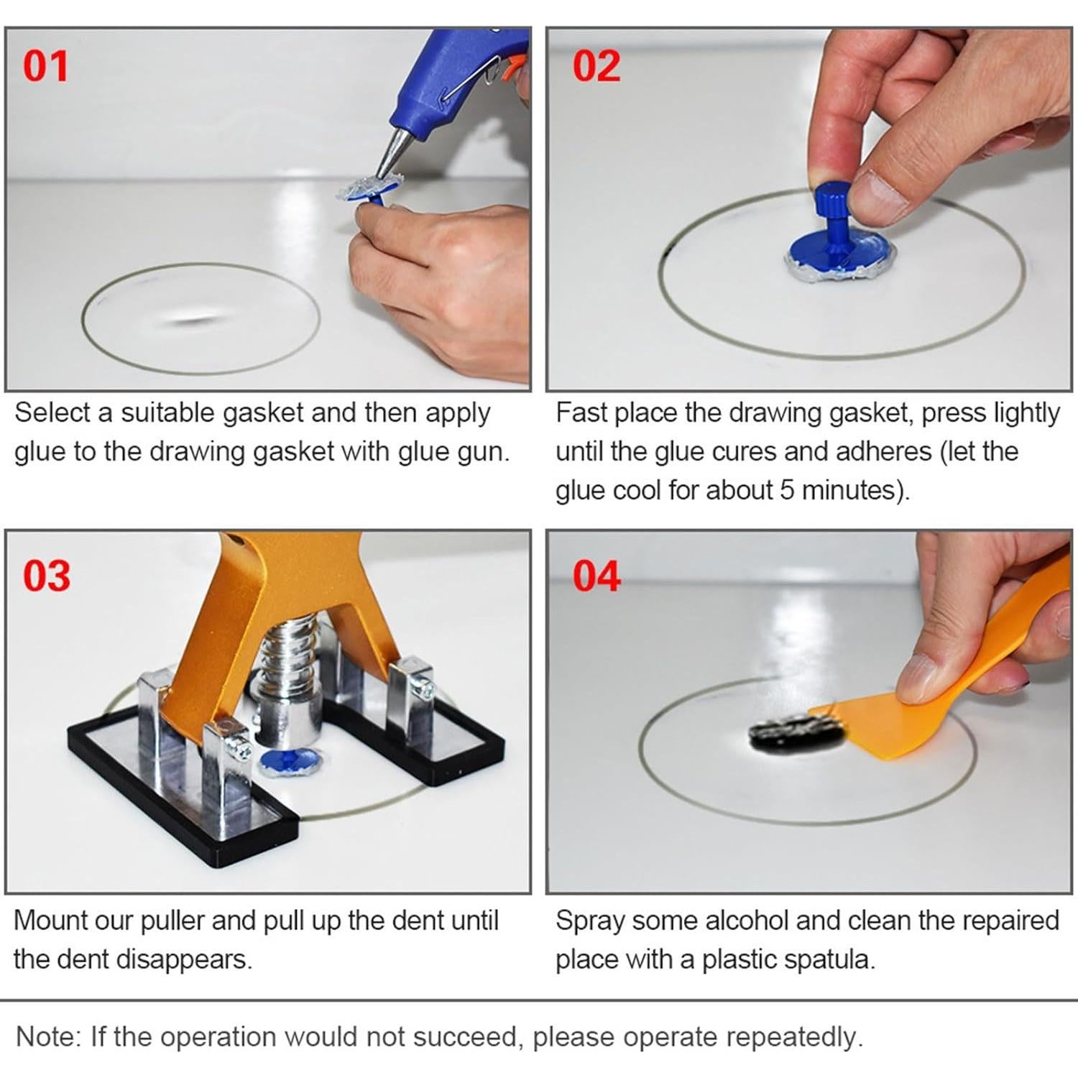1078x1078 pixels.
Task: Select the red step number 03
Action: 46,576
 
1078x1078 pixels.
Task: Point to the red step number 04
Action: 596,576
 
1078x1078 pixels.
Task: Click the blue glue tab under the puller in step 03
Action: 288,762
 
